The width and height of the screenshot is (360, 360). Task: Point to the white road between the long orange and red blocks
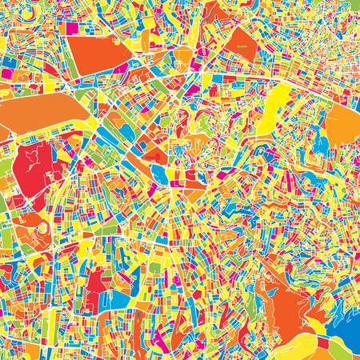48,138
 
